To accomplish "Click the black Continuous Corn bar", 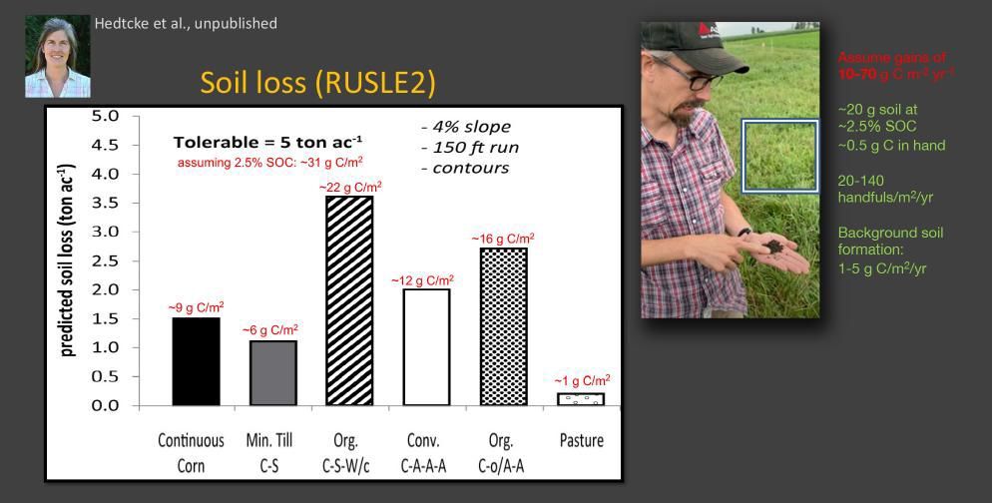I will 196,361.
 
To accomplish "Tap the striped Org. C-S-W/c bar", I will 349,300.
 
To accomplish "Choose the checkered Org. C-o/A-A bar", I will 503,326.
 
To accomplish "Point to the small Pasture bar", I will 580,399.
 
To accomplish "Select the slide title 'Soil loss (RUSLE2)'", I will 317,83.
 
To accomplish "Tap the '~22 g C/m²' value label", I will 350,187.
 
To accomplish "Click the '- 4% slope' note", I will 465,127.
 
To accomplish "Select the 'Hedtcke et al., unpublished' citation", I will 186,23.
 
